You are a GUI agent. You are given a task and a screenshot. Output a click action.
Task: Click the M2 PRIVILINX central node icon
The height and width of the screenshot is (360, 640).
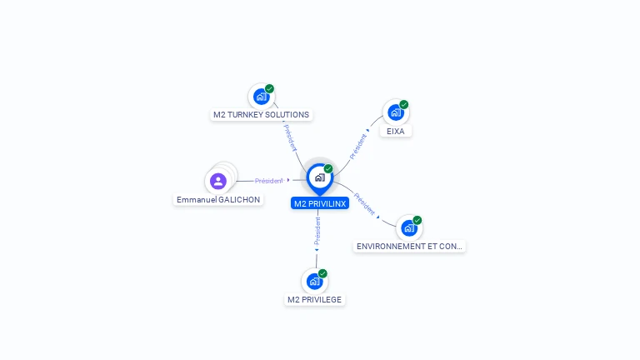tap(319, 177)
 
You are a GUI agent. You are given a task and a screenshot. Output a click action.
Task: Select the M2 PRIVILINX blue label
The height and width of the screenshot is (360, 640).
tap(320, 203)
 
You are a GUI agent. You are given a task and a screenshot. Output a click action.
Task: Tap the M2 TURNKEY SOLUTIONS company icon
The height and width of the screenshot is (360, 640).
tap(261, 96)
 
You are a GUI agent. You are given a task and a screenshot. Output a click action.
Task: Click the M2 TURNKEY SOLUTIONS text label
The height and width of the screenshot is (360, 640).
tap(261, 115)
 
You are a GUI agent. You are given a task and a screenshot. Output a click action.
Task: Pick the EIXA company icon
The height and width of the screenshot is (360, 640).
tap(395, 112)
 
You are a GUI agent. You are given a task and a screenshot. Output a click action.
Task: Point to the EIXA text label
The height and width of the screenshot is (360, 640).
tap(396, 131)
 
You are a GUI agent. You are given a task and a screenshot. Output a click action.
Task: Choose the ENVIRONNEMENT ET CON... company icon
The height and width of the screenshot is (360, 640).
tap(408, 227)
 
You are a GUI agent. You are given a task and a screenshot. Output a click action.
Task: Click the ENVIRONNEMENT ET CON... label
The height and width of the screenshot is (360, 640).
tap(409, 247)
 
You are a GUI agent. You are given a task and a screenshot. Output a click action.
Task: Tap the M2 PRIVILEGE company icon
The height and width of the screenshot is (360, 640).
tap(314, 281)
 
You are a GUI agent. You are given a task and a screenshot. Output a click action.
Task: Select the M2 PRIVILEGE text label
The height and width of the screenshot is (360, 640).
tap(314, 299)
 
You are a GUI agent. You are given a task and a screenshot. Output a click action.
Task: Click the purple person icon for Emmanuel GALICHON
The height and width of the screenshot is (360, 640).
tap(218, 181)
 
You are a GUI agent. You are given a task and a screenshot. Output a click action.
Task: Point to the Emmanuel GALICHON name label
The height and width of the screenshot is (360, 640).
tap(218, 200)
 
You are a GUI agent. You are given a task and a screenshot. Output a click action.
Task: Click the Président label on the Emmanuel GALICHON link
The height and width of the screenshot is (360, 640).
tap(269, 180)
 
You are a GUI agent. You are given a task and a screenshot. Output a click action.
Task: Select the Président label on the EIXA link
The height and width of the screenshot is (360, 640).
tap(358, 145)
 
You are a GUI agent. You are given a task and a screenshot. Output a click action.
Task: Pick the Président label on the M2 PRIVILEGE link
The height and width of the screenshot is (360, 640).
tap(317, 231)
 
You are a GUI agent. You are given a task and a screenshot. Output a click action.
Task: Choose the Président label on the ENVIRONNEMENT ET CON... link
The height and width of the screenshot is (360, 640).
tap(364, 203)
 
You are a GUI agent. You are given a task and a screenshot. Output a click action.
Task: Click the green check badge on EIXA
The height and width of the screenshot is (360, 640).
tap(404, 105)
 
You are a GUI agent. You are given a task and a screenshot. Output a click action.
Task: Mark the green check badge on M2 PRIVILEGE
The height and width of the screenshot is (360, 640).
tap(322, 273)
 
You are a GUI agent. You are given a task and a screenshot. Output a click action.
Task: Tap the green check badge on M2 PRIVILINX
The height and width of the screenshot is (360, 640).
tap(328, 169)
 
